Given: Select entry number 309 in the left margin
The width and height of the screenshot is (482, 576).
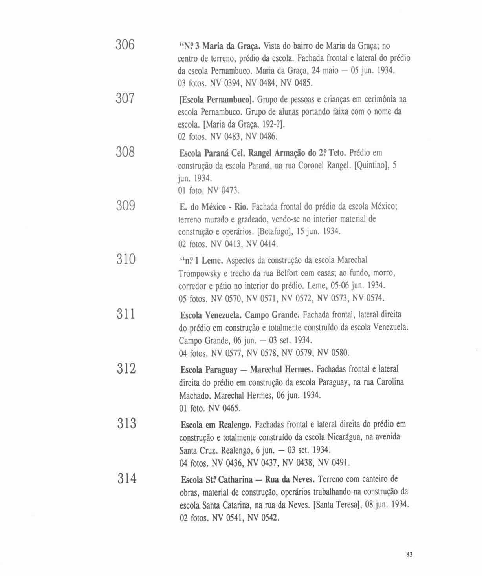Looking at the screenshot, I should coord(126,206).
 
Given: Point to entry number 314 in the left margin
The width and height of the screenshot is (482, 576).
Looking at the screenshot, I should coord(126,478).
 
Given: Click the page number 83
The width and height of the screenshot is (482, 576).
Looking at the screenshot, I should coord(409,555).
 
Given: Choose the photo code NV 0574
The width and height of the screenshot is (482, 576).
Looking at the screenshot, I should coord(368,299).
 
